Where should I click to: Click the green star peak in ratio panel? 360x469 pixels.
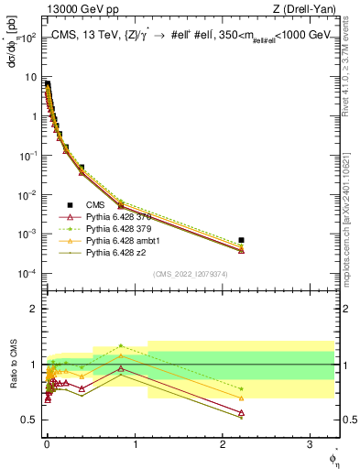pos(120,346)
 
